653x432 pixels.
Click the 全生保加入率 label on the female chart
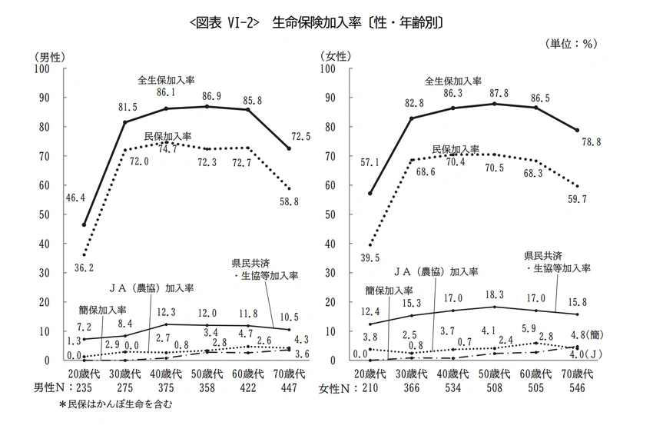tap(453, 81)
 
